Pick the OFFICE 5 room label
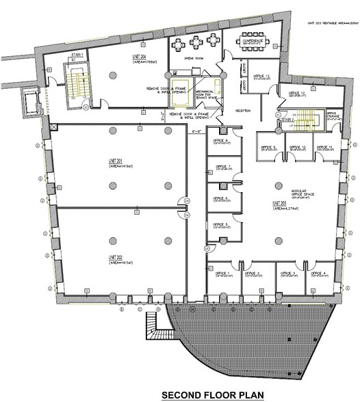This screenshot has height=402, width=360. [220, 224]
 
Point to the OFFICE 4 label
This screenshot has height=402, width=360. [318, 273]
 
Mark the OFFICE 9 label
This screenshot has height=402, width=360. [267, 146]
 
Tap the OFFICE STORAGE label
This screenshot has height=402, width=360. [332, 117]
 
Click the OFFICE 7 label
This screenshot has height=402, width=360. [221, 165]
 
